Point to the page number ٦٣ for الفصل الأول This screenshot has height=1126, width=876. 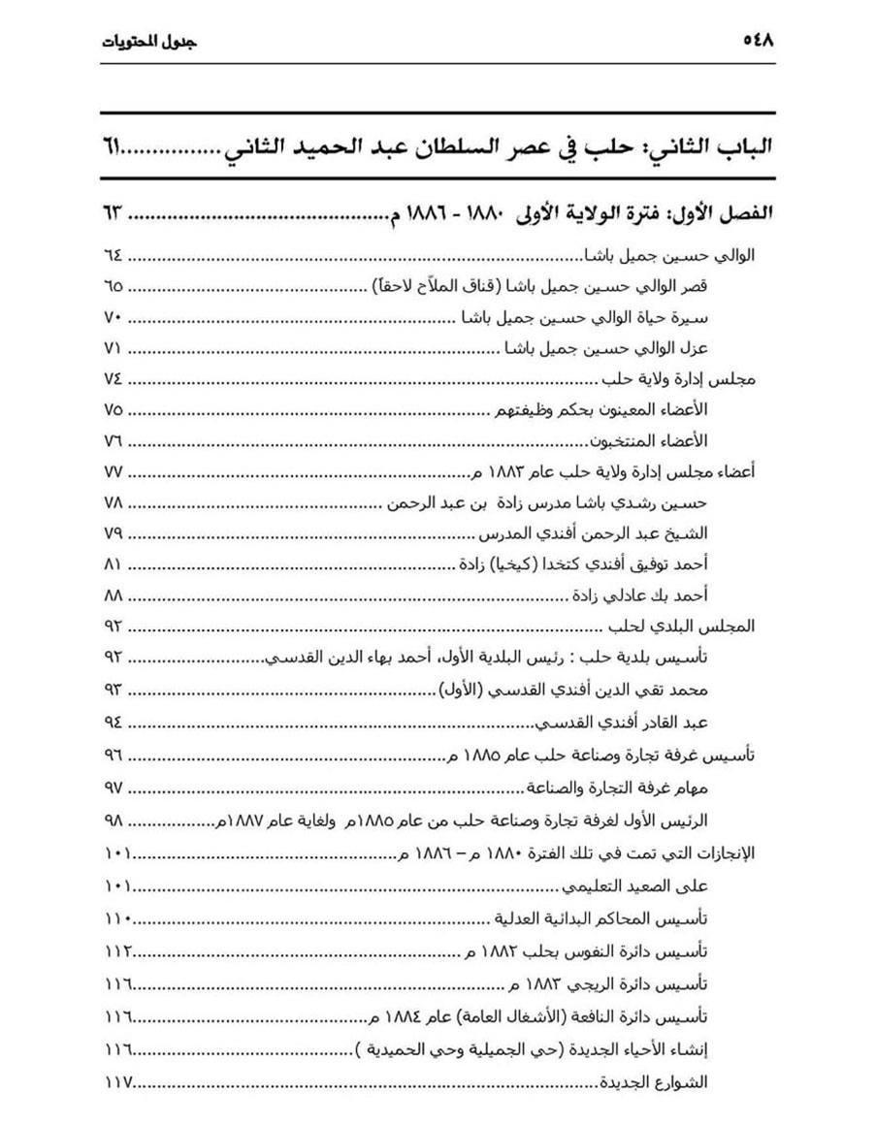point(113,212)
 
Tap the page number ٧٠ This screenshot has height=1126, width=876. point(113,317)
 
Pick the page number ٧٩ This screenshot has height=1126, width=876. point(113,533)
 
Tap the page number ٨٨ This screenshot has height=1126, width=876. point(113,595)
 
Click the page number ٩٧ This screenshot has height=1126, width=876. point(113,784)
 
